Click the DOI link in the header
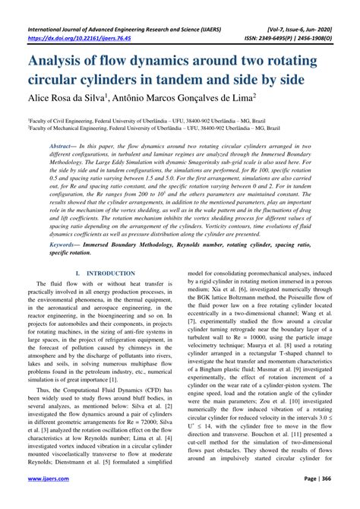click(x=73, y=18)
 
